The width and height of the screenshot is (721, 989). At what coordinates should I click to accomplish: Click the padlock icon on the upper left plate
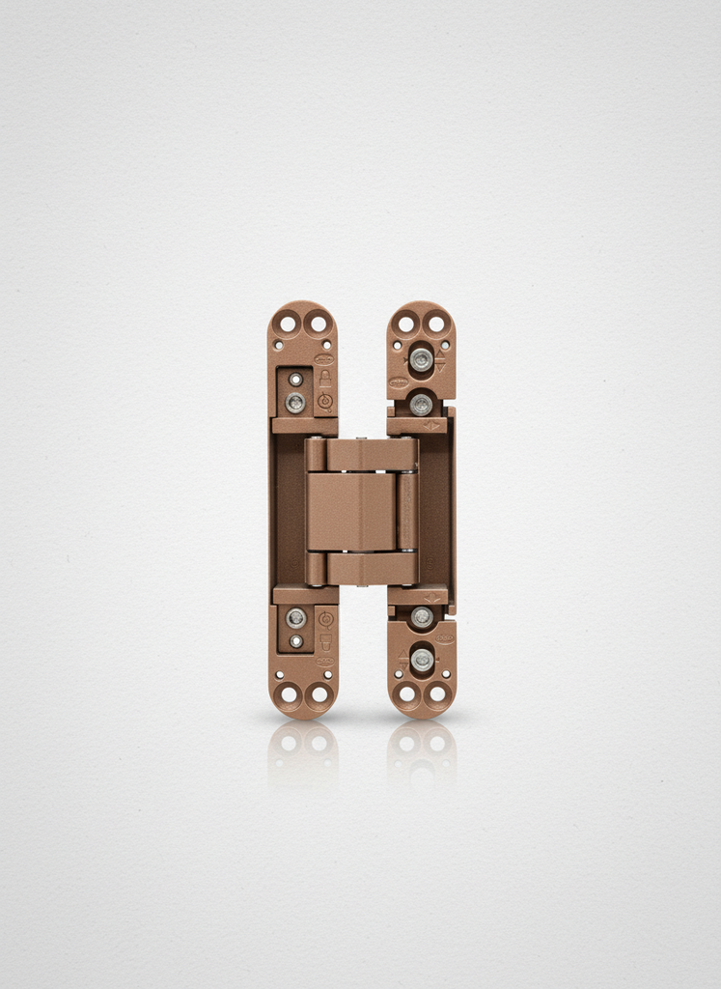point(325,379)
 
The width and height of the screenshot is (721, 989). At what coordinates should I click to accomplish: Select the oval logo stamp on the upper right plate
point(398,382)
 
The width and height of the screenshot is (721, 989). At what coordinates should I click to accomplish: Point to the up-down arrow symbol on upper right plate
point(440,365)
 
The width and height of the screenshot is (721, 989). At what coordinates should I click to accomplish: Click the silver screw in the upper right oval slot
point(421,359)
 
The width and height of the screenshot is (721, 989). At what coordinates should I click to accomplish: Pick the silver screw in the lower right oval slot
point(422,660)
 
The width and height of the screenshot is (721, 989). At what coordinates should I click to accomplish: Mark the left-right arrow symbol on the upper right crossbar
point(431,425)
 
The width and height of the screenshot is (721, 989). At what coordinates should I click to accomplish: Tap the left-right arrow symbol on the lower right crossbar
point(431,599)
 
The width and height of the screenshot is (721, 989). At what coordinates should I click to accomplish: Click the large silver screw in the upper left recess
point(294,401)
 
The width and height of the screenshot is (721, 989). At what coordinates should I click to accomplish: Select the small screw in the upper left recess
point(295,380)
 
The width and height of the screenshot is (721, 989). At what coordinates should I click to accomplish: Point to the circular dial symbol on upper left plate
point(325,401)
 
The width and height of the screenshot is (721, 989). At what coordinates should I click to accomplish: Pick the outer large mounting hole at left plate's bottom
point(287,693)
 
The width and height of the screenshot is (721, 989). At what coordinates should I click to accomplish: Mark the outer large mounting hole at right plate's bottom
point(437,693)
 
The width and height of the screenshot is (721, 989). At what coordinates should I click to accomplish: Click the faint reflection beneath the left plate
point(302,749)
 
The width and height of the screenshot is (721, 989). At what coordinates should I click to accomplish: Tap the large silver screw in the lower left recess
point(295,617)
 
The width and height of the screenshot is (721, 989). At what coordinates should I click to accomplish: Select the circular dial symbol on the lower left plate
point(325,618)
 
